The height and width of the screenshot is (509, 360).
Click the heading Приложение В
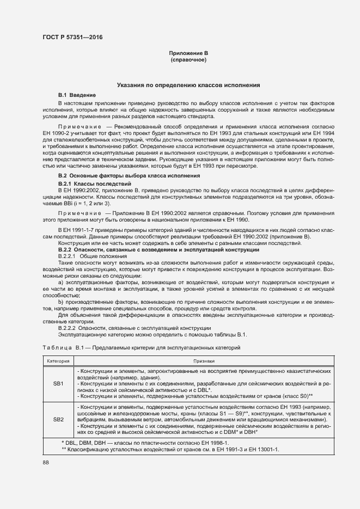pos(188,53)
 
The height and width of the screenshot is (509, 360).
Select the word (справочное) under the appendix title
pos(188,59)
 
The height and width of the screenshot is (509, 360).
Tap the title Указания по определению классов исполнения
pos(188,85)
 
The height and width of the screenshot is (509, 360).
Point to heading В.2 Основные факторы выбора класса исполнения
pos(129,176)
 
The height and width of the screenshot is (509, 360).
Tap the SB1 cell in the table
pos(58,383)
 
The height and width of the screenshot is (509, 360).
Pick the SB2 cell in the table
pos(58,420)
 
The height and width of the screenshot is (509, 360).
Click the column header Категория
pos(58,360)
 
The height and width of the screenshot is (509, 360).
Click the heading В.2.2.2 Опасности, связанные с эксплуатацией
pos(134,328)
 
